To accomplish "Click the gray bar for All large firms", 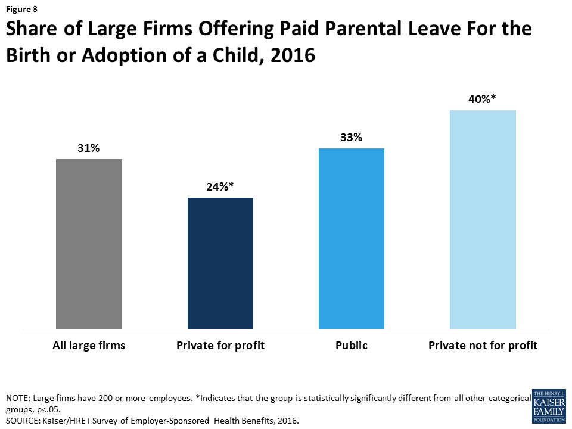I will (x=89, y=244).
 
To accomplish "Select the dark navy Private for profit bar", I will (x=220, y=263).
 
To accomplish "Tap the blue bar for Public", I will (x=352, y=238).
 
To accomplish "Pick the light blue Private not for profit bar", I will (x=483, y=219).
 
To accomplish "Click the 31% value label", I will (x=88, y=148).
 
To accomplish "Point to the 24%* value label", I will (x=220, y=186).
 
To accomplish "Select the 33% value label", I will (x=351, y=137).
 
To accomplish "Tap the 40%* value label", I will (x=483, y=99).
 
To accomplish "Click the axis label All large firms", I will (x=89, y=346).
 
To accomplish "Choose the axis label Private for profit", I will (x=220, y=346).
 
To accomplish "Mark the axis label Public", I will (x=352, y=346).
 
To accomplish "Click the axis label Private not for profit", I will (x=483, y=346).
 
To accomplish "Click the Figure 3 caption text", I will (x=21, y=10).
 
